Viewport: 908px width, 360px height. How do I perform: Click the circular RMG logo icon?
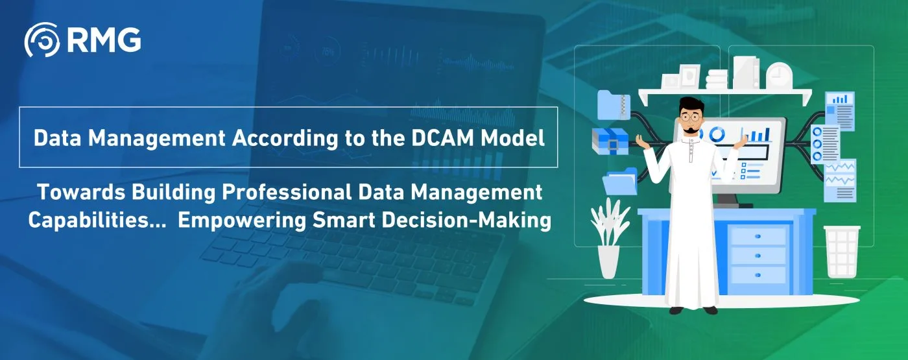(42, 40)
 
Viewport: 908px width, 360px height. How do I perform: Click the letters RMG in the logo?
(104, 40)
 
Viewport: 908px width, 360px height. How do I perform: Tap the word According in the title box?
(285, 139)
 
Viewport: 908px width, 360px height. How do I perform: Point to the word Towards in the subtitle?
(81, 192)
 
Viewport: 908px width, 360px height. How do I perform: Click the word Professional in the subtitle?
(287, 192)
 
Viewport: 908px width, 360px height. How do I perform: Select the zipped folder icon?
(614, 104)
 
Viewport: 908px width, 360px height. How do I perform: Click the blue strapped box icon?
(610, 143)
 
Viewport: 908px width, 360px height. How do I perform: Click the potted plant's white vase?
(608, 261)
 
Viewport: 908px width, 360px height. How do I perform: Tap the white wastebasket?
(842, 252)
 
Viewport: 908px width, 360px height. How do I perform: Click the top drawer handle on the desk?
(758, 236)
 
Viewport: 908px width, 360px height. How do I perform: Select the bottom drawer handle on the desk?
(758, 275)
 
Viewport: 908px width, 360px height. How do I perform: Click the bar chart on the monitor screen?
(756, 134)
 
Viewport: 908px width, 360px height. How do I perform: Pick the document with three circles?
(825, 144)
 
